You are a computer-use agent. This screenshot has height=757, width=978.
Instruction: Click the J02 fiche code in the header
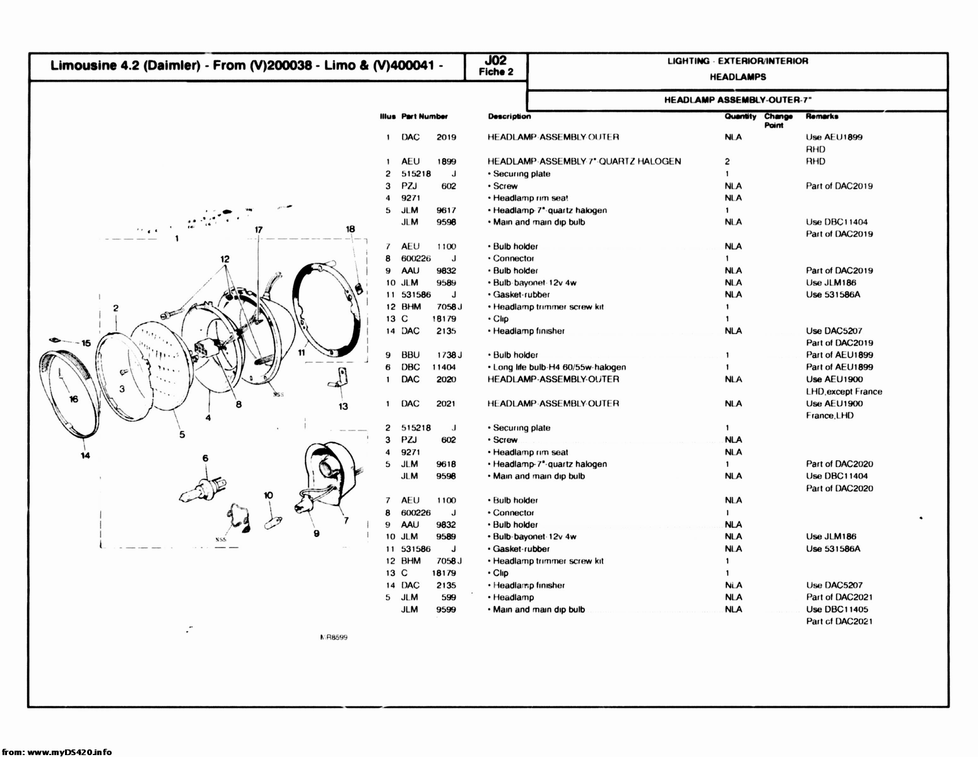click(x=496, y=61)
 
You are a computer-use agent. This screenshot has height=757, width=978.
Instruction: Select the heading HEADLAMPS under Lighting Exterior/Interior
click(x=738, y=77)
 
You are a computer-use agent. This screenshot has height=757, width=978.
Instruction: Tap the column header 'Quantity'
click(x=739, y=116)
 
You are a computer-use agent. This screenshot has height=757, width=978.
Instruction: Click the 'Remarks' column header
click(x=822, y=116)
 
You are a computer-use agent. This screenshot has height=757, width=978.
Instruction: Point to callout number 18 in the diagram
click(x=350, y=229)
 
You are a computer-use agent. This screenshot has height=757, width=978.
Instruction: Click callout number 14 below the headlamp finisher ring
click(x=85, y=455)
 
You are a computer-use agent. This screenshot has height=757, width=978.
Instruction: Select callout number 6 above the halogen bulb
click(x=205, y=458)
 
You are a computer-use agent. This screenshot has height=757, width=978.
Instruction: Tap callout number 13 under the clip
click(x=343, y=406)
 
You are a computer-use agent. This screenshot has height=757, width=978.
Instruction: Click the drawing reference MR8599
click(x=334, y=637)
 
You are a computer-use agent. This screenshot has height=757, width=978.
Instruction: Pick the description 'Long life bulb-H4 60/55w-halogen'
click(x=559, y=367)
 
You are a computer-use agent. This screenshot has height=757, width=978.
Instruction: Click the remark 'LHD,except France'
click(x=844, y=392)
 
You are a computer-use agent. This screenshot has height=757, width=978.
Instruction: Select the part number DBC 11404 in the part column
click(x=428, y=367)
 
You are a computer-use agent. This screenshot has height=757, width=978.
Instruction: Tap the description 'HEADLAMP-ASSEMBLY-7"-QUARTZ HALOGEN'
click(x=584, y=161)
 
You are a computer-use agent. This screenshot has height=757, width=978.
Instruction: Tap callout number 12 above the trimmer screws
click(x=225, y=259)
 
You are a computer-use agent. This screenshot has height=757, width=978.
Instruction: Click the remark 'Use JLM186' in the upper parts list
click(x=831, y=283)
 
